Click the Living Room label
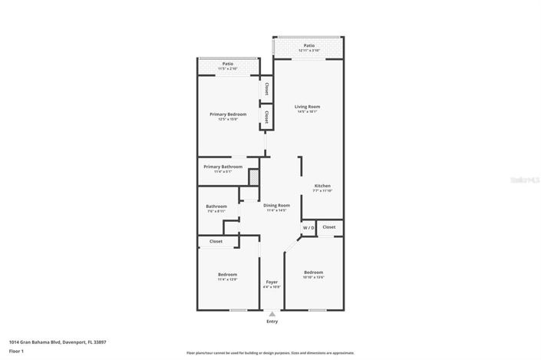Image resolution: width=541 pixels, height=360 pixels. [308, 107]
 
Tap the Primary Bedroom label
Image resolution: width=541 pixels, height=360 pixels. [228, 114]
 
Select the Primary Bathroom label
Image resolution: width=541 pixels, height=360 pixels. [223, 167]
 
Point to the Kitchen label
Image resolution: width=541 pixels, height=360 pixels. [322, 187]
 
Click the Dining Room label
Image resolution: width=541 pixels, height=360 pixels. [276, 205]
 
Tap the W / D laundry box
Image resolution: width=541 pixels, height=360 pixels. [308, 228]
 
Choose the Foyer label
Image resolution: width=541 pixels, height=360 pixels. [272, 282]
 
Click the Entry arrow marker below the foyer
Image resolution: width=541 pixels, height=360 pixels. [272, 313]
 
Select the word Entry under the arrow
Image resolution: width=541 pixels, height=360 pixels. [272, 322]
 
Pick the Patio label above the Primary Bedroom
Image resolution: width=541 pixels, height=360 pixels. [228, 64]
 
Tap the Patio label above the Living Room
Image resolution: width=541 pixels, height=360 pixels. [308, 45]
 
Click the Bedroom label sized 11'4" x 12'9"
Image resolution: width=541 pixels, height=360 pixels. [227, 274]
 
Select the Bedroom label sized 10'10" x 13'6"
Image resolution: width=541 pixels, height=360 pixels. [313, 272]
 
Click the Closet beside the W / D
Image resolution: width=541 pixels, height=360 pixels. [329, 227]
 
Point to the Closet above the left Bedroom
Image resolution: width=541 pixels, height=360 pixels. [216, 242]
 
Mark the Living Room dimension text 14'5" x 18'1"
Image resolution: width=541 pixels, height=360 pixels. [308, 112]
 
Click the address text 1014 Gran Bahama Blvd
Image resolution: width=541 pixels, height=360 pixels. [57, 342]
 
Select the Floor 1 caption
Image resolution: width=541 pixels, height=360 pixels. [17, 350]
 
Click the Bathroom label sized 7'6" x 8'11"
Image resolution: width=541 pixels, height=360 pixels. [216, 206]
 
